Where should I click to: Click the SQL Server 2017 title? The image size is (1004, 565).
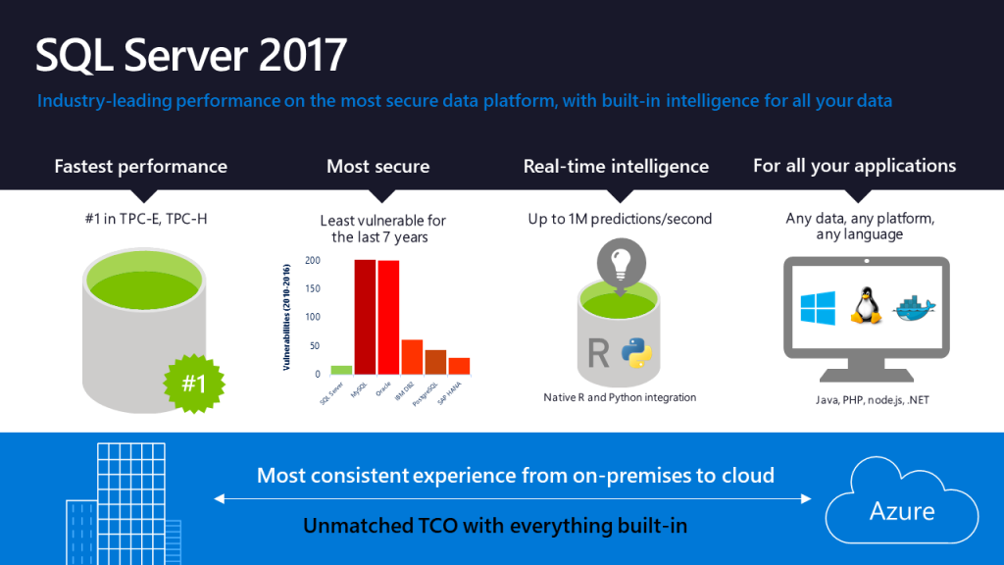[191, 55]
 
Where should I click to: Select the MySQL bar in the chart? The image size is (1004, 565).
[365, 316]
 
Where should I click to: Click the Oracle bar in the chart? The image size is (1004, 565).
[388, 317]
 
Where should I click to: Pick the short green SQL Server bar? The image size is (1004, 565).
[341, 370]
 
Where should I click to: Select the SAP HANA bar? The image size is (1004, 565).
[459, 365]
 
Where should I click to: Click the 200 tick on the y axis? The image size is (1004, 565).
[313, 261]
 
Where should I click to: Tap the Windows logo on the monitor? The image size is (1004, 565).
[818, 307]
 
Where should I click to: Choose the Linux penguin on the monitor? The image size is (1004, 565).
[865, 306]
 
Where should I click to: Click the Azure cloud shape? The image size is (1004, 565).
[901, 505]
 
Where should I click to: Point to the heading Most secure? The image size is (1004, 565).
[377, 167]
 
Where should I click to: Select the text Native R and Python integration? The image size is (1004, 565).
[620, 397]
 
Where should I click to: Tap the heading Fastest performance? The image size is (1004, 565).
[140, 167]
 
